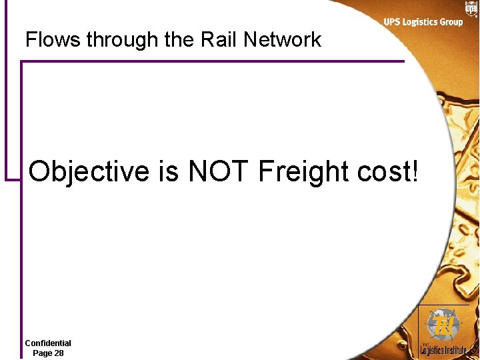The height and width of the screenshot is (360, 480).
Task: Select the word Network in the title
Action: [282, 39]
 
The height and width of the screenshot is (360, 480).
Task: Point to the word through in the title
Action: [123, 40]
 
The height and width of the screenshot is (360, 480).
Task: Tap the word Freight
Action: [303, 172]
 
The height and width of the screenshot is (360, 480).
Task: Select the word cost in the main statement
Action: [385, 172]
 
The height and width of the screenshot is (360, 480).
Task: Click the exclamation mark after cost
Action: [417, 171]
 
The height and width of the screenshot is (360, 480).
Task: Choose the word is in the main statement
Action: [169, 171]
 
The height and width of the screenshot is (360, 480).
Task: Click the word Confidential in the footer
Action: [48, 343]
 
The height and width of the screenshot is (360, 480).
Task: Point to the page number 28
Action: [59, 353]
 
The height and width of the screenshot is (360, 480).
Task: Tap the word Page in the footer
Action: [43, 353]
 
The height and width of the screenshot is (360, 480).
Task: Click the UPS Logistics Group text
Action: [423, 22]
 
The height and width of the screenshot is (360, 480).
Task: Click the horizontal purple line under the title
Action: [213, 62]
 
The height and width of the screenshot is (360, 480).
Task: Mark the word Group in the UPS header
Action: [451, 22]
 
